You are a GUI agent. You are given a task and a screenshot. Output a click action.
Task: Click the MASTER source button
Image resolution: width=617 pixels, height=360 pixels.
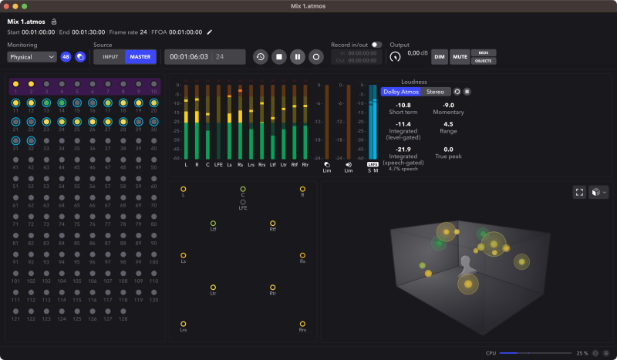140,56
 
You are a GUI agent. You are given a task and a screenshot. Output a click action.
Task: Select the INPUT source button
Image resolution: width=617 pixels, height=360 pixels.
110,56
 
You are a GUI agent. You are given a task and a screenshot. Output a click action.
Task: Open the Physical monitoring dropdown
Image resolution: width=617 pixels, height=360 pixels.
32,56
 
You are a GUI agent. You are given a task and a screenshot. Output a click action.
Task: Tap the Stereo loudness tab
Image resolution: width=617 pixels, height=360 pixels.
435,92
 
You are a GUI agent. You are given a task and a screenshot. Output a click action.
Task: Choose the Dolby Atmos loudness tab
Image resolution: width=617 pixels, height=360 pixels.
401,92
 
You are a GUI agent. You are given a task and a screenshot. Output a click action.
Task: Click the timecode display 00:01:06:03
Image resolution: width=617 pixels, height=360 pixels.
190,56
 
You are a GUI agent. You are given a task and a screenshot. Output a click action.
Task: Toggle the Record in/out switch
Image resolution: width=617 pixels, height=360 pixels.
376,45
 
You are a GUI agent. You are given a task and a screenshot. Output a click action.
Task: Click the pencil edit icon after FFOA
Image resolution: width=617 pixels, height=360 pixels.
209,32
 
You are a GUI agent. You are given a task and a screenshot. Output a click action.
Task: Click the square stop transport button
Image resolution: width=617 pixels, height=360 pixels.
279,56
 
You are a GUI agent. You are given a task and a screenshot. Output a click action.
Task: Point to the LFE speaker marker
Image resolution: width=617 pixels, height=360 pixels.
243,202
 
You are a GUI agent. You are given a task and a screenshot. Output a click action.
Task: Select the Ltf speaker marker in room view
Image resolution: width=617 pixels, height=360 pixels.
214,223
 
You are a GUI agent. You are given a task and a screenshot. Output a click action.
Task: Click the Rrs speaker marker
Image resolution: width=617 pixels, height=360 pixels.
302,324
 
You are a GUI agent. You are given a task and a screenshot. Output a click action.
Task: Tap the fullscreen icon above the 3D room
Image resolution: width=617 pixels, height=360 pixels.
579,192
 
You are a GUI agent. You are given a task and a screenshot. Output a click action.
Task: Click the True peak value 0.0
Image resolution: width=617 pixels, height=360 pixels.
448,150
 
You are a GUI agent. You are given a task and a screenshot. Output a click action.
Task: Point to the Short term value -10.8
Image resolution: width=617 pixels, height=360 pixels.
403,105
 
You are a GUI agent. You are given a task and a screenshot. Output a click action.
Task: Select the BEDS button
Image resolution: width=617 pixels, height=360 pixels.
484,52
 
